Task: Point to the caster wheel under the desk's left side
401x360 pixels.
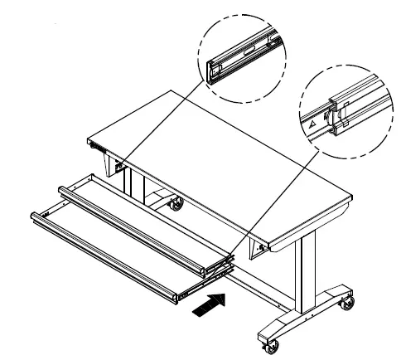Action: click(175, 202)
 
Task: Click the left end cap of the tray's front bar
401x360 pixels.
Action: click(36, 217)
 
